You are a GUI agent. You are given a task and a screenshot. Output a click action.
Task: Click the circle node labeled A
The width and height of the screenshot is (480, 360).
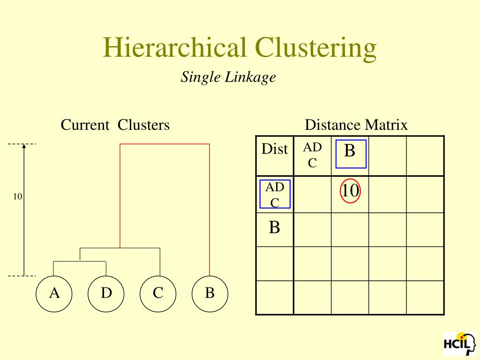tap(54, 294)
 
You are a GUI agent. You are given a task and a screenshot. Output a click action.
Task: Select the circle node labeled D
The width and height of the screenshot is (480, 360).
tap(106, 294)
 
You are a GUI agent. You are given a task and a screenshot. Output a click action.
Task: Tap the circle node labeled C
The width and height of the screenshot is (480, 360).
tap(158, 294)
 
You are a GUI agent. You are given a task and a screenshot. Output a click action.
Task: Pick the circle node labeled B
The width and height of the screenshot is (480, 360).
tap(210, 294)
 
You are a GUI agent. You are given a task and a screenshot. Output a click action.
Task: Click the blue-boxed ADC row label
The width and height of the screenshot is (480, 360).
tap(275, 194)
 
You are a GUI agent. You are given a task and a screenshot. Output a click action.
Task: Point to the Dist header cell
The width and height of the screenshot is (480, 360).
tap(275, 149)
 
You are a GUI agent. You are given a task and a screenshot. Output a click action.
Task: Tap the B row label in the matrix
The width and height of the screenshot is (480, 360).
tap(275, 228)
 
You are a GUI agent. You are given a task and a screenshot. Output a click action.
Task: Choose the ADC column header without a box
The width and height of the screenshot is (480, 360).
tap(312, 155)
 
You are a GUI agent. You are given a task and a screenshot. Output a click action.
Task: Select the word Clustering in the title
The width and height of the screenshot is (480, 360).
tap(315, 47)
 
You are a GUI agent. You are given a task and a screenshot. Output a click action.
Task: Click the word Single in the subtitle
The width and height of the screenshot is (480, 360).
tap(201, 76)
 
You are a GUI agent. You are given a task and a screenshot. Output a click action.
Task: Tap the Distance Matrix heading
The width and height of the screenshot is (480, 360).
tap(356, 125)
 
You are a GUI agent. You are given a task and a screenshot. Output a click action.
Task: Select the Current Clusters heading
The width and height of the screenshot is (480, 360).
tap(115, 125)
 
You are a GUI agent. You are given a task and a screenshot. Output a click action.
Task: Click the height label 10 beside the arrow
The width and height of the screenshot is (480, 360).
tap(17, 197)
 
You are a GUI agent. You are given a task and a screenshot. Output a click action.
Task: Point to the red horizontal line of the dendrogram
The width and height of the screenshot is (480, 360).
tap(165, 144)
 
